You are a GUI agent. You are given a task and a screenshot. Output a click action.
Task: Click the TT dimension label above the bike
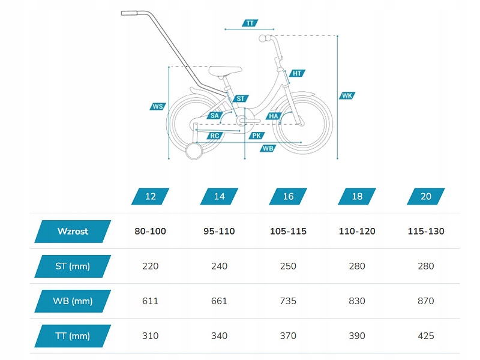(x=250, y=23)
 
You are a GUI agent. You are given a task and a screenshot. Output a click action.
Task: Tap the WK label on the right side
(x=347, y=95)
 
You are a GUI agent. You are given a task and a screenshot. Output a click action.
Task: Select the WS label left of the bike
(x=158, y=106)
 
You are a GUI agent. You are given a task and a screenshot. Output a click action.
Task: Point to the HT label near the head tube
(x=296, y=73)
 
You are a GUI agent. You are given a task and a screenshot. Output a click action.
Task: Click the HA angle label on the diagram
(x=274, y=116)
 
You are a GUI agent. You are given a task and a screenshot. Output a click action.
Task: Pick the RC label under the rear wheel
(x=214, y=136)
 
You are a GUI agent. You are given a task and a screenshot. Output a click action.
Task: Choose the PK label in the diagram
(x=256, y=136)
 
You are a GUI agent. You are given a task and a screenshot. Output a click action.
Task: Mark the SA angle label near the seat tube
(x=214, y=116)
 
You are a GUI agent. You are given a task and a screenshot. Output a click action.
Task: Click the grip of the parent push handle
(x=130, y=13)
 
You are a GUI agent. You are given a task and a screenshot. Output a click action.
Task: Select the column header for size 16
(x=288, y=196)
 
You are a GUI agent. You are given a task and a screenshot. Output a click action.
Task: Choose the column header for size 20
(x=425, y=196)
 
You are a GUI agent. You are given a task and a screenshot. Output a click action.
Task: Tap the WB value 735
(x=288, y=301)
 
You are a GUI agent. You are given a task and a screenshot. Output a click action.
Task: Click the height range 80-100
(x=151, y=231)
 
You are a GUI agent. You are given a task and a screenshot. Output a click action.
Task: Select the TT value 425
(x=425, y=335)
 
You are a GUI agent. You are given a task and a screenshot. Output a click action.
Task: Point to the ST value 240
(x=220, y=266)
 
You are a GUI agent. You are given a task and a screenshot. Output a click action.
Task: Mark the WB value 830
(x=357, y=301)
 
